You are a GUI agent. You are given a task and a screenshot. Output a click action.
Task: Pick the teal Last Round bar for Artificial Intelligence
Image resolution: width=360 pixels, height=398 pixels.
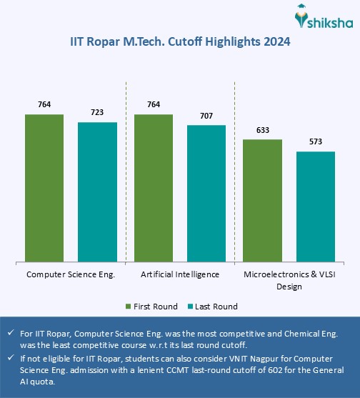(206, 193)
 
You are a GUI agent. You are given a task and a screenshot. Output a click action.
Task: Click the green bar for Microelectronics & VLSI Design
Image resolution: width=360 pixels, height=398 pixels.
(262, 200)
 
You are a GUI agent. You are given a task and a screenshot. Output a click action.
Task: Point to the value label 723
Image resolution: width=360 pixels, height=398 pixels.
(97, 113)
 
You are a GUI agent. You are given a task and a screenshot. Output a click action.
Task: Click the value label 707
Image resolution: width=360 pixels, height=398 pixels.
(206, 116)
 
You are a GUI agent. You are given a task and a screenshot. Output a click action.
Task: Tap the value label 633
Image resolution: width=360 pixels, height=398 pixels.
(262, 130)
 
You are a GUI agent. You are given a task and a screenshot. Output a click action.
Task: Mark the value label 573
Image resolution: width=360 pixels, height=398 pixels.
(315, 141)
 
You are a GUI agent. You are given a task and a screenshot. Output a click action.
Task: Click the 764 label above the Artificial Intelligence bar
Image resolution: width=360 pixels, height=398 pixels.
(153, 105)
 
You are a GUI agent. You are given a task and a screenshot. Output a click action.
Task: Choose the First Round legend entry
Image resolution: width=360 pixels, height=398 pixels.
(151, 307)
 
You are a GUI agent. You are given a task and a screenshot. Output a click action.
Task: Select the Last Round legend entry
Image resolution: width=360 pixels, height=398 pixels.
(212, 307)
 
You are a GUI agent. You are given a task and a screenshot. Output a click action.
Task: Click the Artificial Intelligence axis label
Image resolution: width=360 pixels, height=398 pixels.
(179, 274)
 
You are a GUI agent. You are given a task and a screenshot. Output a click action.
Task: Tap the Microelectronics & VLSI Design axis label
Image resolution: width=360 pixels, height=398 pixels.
(289, 280)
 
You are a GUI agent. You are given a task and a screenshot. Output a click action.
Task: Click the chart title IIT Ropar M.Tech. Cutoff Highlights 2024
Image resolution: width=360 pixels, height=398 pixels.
(179, 42)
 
